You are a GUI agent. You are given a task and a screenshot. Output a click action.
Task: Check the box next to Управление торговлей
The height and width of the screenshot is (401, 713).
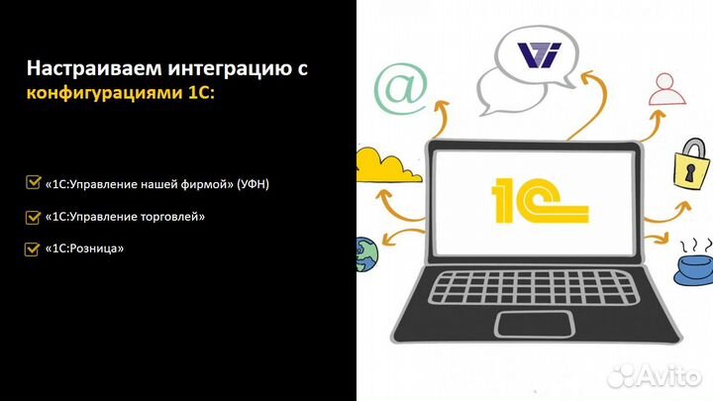33,216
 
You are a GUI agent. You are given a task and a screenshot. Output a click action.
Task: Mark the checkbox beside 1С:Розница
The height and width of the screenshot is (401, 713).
33,249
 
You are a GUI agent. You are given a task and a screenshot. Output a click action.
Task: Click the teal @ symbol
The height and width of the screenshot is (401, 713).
402,90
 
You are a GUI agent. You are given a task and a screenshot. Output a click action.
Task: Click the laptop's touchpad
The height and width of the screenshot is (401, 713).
535,323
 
